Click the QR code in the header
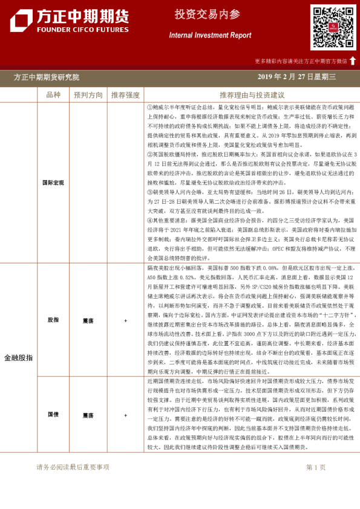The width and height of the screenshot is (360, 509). point(333,27)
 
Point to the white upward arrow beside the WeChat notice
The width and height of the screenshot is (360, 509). point(353,60)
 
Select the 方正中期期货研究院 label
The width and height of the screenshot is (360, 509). point(46,77)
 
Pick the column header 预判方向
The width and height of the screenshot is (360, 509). point(88,95)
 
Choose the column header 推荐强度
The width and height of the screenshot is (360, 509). point(125,95)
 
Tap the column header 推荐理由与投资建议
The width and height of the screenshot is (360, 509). point(252,95)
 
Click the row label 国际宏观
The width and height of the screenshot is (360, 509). point(53,181)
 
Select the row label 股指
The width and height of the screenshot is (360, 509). point(53,320)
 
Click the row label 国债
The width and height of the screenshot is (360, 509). point(53,415)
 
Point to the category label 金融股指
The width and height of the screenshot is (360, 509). point(19,358)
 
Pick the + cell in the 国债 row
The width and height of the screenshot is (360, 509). point(125,415)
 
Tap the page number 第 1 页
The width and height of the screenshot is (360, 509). point(316,467)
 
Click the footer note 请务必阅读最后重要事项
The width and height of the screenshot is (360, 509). point(73,467)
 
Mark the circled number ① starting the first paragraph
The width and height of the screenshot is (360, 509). point(149,106)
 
